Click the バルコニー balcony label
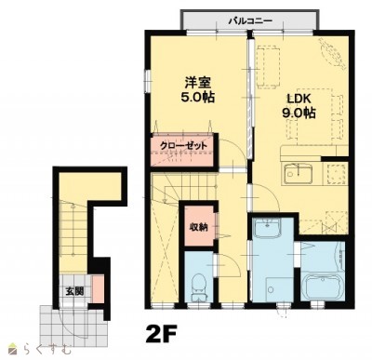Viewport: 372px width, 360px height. (x=250, y=21)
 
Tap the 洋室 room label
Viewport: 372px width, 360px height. (x=198, y=83)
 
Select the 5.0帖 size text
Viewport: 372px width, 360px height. (x=198, y=98)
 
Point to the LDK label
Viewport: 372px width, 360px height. (x=299, y=99)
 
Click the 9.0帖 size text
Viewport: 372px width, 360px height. (x=299, y=113)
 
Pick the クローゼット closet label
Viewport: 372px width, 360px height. (x=183, y=146)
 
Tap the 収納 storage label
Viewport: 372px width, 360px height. (x=198, y=227)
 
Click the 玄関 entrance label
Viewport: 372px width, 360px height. (x=74, y=291)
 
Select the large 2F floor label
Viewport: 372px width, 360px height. (x=161, y=334)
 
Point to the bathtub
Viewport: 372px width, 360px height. (x=324, y=286)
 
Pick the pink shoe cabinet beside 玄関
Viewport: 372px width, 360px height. (x=99, y=288)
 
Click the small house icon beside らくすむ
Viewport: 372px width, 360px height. (x=13, y=350)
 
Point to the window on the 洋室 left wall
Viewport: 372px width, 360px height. (x=147, y=81)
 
